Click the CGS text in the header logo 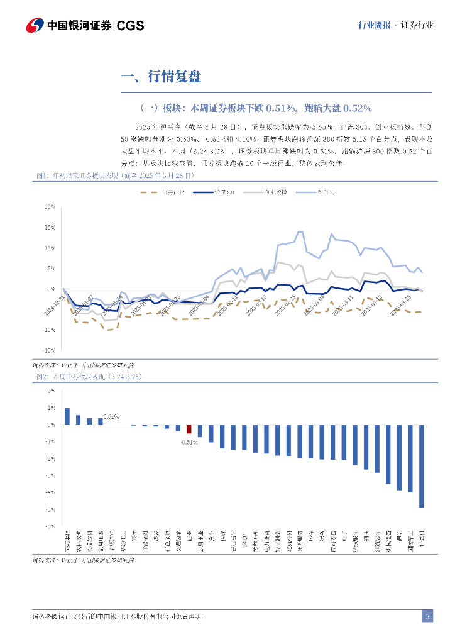[x=131, y=26]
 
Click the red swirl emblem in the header [x=35, y=26]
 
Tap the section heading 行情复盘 [x=174, y=77]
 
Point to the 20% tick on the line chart [x=50, y=207]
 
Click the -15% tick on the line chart [x=49, y=350]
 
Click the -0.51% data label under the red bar [x=189, y=442]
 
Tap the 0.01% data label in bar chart [x=111, y=416]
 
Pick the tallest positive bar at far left [x=67, y=416]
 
